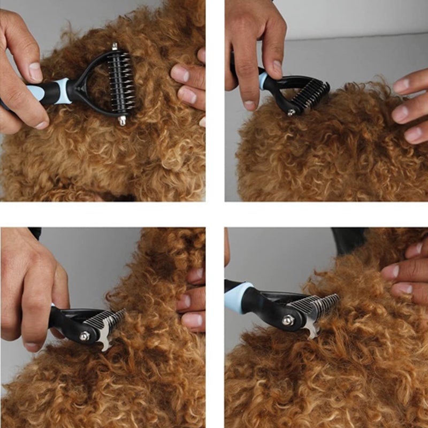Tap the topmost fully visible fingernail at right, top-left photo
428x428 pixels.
180,74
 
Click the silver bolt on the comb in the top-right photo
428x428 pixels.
291,113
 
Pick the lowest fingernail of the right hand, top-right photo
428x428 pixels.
412,134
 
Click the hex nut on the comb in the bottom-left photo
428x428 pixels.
84,336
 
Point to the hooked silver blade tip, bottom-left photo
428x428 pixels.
105,346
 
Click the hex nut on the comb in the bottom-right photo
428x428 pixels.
288,320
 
